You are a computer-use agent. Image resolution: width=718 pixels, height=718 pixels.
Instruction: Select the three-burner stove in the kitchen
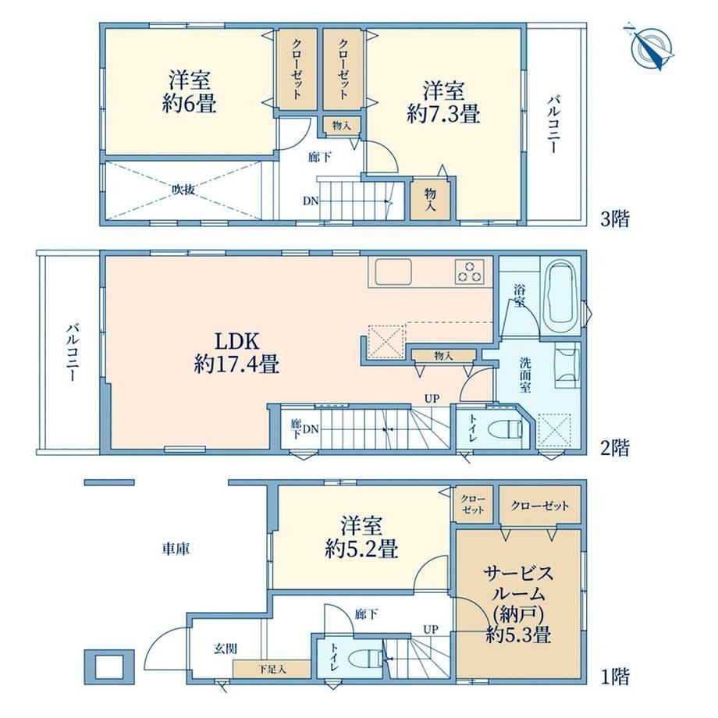469,271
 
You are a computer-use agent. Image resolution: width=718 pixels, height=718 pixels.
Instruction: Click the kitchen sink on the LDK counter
393,272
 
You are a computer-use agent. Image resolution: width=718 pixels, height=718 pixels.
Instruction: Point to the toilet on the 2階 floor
505,430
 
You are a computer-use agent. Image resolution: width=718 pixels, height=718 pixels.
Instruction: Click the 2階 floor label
614,447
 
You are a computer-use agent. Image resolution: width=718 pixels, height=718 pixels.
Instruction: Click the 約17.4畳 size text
236,364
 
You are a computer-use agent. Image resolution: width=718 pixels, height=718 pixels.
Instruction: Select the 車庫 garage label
176,549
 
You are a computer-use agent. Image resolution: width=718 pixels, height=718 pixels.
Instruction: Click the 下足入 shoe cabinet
272,669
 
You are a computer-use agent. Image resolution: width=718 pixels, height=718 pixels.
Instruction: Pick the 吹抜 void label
183,189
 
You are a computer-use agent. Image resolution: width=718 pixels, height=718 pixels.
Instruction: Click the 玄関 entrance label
226,649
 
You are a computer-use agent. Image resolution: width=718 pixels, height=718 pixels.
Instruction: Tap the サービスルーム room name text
518,584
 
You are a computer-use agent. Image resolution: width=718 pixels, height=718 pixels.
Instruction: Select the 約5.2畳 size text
361,548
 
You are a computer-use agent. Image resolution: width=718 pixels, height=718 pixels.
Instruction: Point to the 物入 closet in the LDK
443,355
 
